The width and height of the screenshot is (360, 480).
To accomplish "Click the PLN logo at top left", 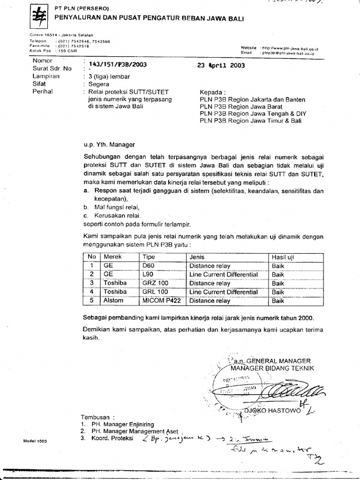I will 37,17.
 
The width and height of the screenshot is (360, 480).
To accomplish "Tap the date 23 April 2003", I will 221,66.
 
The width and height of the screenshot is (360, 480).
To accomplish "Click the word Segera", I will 98,84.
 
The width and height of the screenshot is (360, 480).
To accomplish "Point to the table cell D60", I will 148,266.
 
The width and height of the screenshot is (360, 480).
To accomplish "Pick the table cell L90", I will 148,274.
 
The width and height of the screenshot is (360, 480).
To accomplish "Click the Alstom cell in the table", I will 113,300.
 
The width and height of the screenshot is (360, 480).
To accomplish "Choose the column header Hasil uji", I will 283,257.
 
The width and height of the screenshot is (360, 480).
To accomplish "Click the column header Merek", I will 112,257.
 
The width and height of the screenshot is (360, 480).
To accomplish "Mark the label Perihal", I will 43,92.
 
